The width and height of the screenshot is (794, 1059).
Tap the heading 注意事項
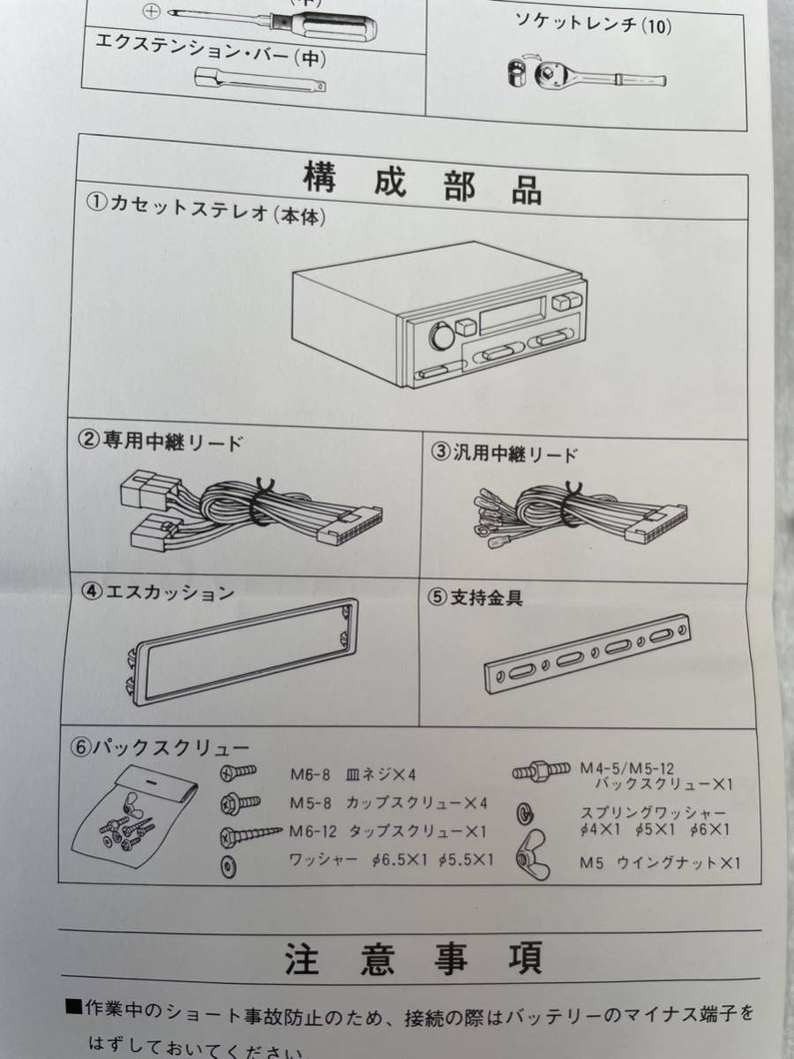415,960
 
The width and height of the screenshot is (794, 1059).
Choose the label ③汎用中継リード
505,454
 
